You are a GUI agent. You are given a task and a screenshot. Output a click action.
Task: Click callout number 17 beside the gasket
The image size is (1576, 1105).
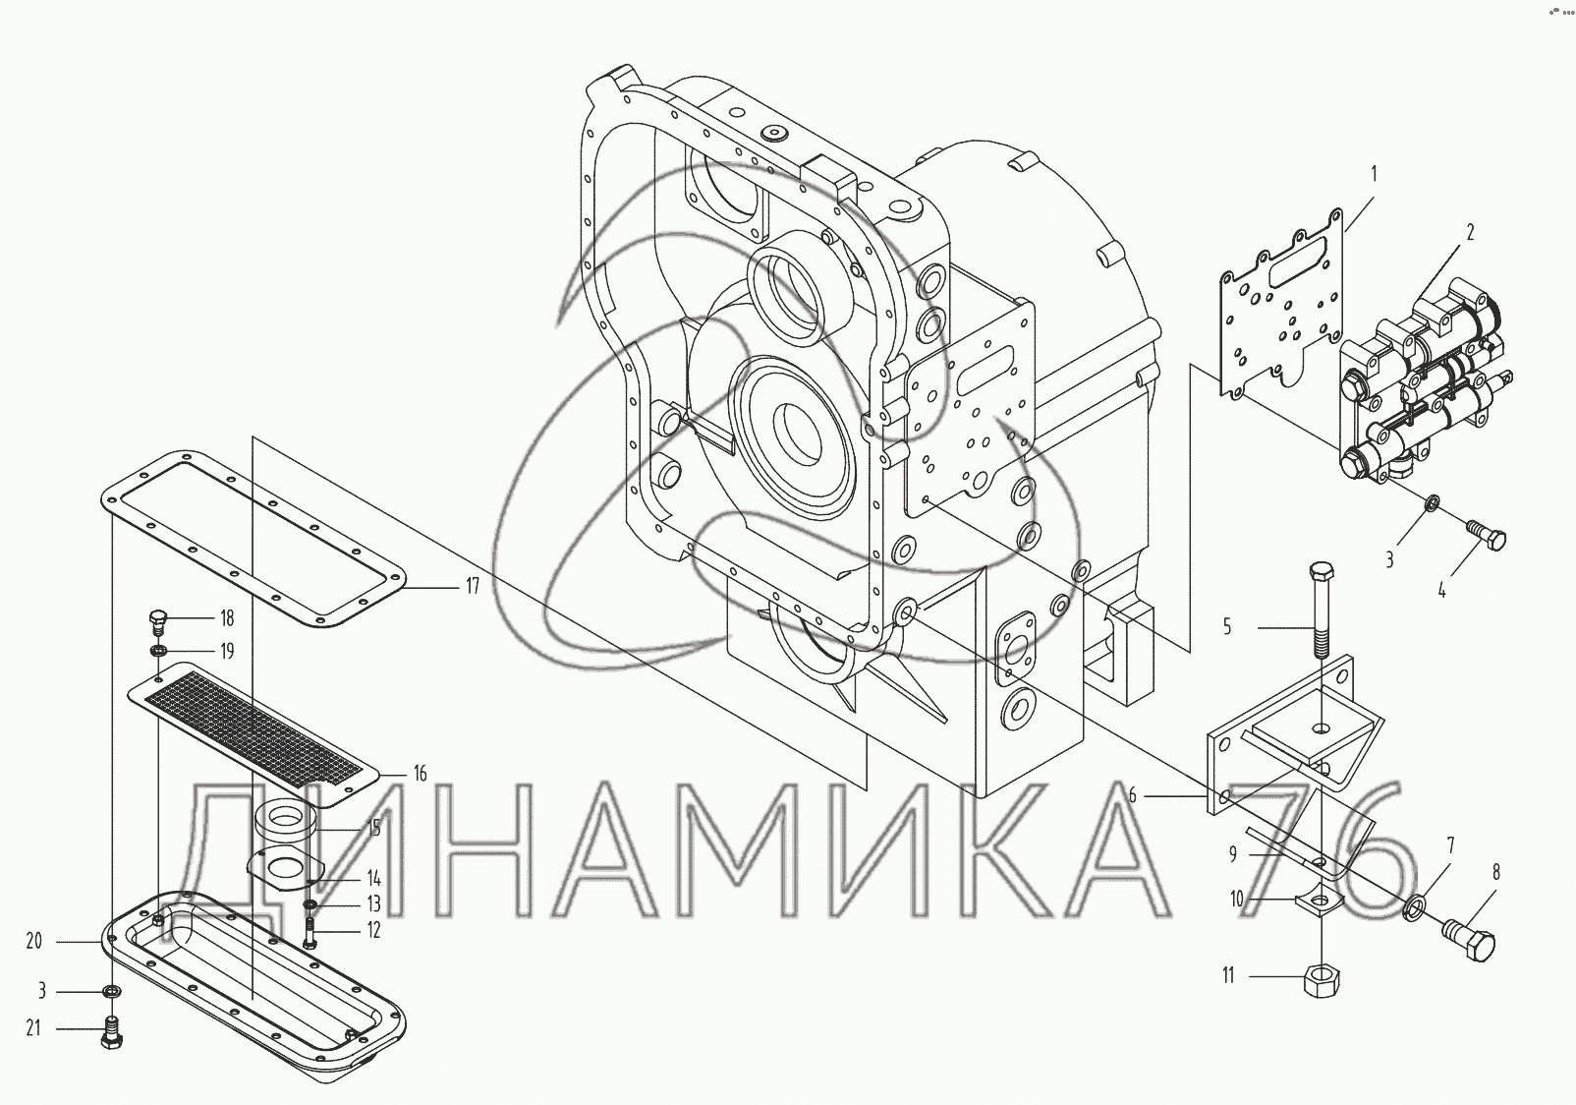(472, 586)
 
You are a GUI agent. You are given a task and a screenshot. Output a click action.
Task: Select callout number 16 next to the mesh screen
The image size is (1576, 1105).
(420, 775)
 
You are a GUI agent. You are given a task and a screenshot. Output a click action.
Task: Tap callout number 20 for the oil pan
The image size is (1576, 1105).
(34, 941)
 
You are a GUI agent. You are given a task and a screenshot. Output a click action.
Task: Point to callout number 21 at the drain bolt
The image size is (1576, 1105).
(33, 1028)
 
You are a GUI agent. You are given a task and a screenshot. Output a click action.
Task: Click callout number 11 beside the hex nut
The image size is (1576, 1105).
(1228, 976)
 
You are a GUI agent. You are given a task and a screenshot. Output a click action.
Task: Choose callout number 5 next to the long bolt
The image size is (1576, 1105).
(1228, 625)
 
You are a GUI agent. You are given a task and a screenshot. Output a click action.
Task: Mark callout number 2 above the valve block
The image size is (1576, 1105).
(1470, 232)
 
